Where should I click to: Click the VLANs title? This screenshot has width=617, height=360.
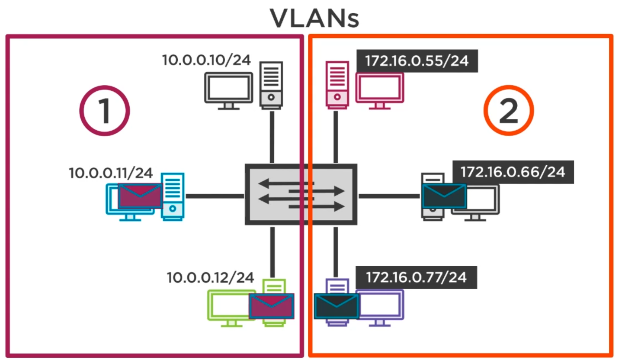click(314, 18)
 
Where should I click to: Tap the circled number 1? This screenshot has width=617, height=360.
click(105, 110)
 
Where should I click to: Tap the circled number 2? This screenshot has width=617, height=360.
click(508, 110)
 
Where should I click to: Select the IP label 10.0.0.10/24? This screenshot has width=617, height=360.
click(206, 60)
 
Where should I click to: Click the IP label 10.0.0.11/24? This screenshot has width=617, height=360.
click(111, 173)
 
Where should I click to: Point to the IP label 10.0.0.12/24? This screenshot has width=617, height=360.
click(210, 277)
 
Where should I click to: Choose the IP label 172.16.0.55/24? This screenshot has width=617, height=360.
click(417, 61)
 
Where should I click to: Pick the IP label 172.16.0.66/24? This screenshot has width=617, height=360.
click(513, 172)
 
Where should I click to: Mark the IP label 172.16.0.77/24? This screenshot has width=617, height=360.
click(416, 277)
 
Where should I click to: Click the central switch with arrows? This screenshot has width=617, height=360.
click(301, 195)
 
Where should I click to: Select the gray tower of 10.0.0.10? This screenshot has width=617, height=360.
click(271, 85)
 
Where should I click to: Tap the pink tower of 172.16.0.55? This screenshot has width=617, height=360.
click(337, 85)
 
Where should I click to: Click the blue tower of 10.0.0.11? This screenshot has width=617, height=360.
click(173, 196)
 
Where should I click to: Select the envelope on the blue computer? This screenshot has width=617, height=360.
click(140, 195)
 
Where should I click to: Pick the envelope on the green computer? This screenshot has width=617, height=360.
click(272, 306)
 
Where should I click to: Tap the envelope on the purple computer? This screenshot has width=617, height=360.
click(336, 306)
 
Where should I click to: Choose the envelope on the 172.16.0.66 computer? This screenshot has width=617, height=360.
click(444, 196)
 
